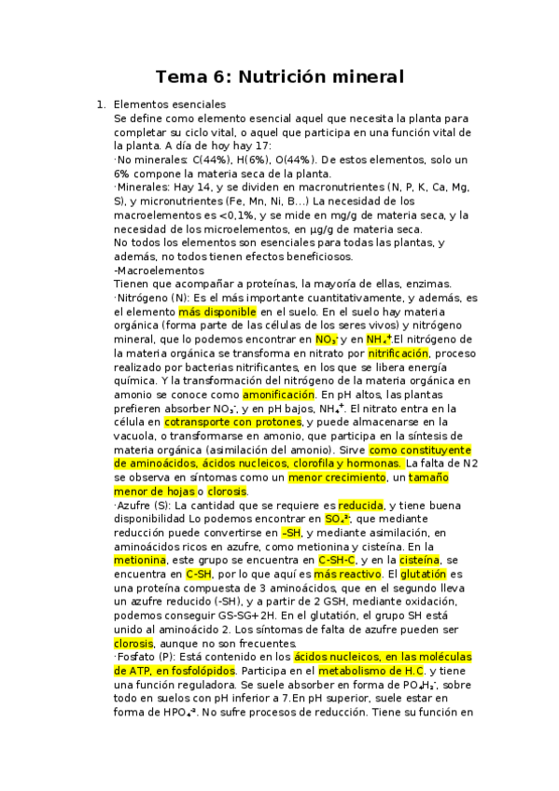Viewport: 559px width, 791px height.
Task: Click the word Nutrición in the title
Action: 294,76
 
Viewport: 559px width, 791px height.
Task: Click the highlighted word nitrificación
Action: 398,354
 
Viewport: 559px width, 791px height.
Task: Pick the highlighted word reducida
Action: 360,505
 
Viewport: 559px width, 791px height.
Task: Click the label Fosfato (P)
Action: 144,657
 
